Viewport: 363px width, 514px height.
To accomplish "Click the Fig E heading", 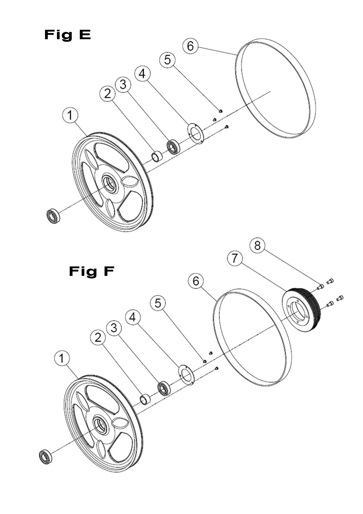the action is coord(68,35).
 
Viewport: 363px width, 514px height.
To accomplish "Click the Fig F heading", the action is coord(91,272).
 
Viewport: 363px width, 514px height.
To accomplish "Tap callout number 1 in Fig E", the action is coord(70,115).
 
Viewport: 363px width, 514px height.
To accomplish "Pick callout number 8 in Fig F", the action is coord(257,245).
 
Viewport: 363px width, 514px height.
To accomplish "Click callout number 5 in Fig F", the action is coord(158,303).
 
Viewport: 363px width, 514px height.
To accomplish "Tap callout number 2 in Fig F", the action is coord(98,338).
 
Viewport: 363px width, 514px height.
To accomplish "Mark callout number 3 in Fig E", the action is coord(123,85).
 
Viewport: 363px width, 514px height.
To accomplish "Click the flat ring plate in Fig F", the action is coord(186,375).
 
